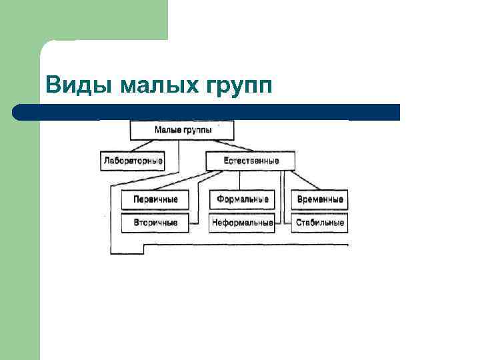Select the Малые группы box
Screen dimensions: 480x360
(x=183, y=130)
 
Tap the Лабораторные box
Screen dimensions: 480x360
(x=133, y=161)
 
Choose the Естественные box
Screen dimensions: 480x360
(x=250, y=161)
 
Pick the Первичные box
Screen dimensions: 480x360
(x=155, y=199)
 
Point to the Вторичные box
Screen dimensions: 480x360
(x=155, y=223)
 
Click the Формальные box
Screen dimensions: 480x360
(x=242, y=199)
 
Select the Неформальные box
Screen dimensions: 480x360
(x=242, y=223)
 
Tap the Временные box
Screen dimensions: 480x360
(x=319, y=199)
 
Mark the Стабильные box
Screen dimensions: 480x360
(x=319, y=223)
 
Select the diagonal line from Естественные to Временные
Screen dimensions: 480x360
(x=307, y=179)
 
